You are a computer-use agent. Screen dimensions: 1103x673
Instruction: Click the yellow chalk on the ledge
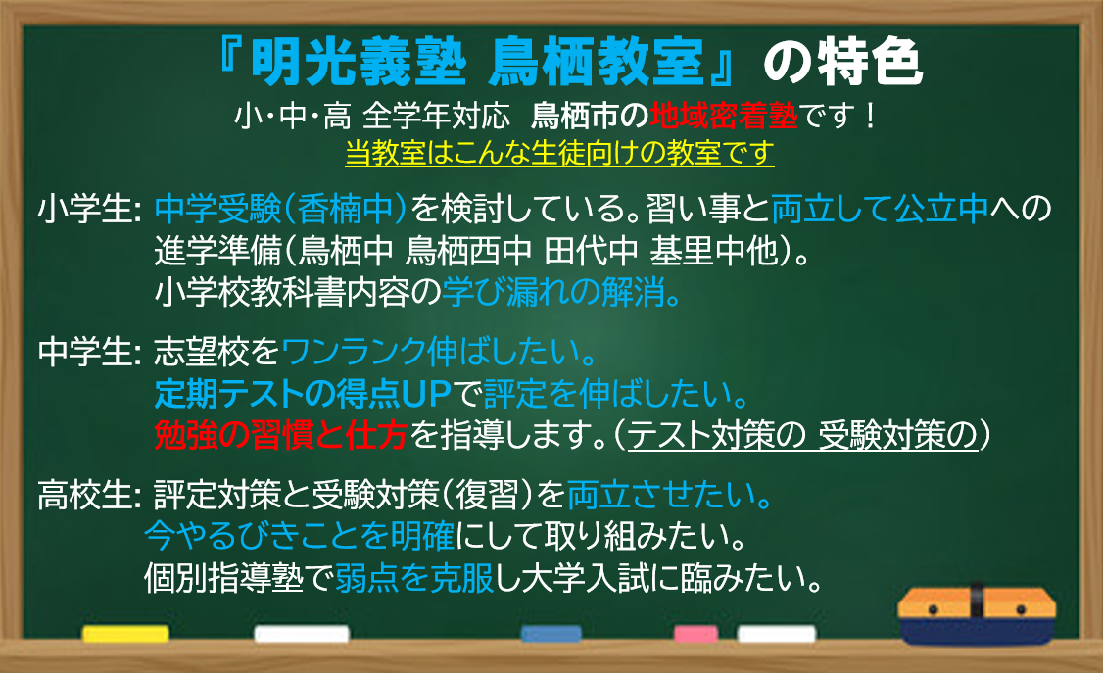click(x=125, y=634)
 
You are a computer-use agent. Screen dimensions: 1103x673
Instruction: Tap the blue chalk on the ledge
click(x=551, y=634)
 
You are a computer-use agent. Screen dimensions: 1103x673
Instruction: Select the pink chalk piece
click(x=695, y=634)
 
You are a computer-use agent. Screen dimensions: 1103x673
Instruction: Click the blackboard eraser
click(x=977, y=613)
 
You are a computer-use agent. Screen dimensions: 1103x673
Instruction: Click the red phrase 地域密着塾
click(x=723, y=116)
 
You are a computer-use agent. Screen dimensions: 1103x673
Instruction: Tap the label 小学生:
click(x=90, y=209)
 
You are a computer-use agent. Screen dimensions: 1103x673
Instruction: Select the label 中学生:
click(x=90, y=352)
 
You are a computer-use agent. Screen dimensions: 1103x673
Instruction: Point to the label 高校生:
click(x=90, y=495)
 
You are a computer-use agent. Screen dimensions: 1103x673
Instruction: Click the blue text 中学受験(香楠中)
click(x=281, y=209)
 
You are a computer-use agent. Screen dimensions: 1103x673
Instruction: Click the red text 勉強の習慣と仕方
click(x=281, y=435)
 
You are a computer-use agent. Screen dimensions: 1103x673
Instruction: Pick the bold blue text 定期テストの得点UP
click(x=303, y=394)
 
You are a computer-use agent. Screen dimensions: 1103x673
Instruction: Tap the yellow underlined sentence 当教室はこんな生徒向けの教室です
click(x=560, y=153)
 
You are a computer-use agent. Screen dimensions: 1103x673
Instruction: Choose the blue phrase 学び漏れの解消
click(x=561, y=292)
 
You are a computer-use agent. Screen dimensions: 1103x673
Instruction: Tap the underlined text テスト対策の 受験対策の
click(x=802, y=435)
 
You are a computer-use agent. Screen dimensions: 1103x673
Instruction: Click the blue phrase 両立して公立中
click(x=880, y=209)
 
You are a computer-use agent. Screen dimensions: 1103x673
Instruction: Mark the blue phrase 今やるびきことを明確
click(x=300, y=537)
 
